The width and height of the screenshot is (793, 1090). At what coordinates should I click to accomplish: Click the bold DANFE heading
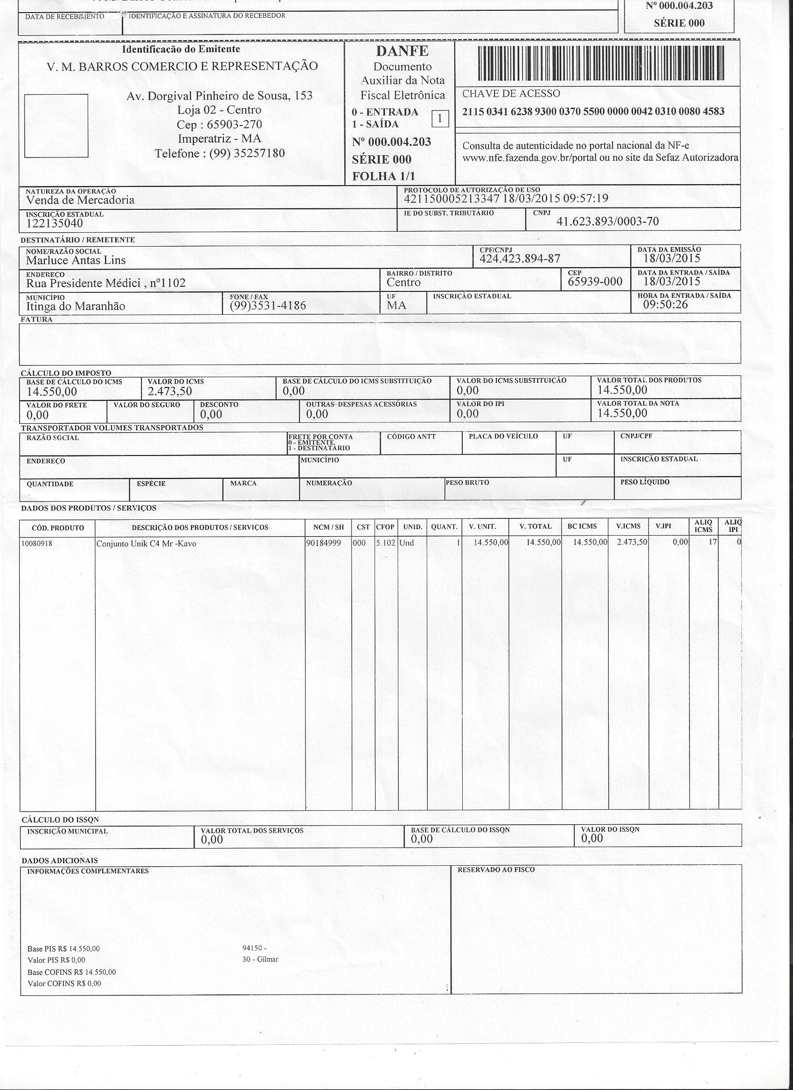tap(402, 51)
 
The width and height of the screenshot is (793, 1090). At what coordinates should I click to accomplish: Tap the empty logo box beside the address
tap(56, 125)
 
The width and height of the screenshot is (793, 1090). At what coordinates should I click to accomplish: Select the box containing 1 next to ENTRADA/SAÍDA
tap(440, 118)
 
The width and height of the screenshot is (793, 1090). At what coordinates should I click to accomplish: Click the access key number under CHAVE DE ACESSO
tap(593, 111)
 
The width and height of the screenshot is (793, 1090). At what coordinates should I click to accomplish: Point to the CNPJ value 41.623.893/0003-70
tap(607, 221)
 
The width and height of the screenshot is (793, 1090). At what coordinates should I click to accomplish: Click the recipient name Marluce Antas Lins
tap(76, 260)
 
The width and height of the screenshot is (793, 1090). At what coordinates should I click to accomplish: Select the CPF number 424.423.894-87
tap(520, 259)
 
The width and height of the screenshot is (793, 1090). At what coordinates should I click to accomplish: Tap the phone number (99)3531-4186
tap(267, 305)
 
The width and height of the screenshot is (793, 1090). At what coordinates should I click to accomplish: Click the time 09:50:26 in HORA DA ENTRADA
tap(666, 304)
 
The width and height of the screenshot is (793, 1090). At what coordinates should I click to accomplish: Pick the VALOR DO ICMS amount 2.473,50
tap(170, 391)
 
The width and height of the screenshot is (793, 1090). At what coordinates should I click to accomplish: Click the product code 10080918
tap(37, 544)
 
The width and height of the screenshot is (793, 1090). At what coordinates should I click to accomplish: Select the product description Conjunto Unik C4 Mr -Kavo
tap(146, 544)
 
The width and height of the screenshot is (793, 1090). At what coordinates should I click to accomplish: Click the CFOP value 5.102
tap(386, 543)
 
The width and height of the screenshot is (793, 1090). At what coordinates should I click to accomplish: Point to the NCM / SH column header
tap(328, 527)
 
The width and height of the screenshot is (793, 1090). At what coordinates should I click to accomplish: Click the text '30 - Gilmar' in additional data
tap(261, 959)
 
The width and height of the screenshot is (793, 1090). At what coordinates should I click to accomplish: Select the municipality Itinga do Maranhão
tap(76, 306)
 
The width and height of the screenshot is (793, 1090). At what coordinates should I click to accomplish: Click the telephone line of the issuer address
tap(220, 153)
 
